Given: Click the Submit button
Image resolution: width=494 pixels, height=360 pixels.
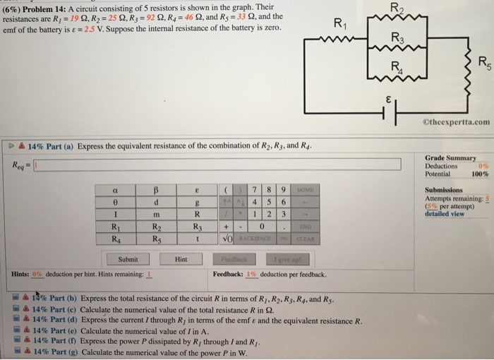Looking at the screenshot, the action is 128,259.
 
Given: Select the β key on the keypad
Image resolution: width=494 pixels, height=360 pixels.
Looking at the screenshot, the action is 155,190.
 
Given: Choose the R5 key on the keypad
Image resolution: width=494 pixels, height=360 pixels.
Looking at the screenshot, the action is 155,239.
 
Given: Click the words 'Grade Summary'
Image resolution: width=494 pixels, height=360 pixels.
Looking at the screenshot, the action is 451,157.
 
